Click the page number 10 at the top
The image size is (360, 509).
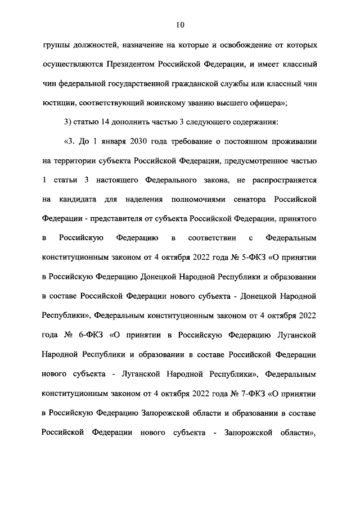pos(180,24)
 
